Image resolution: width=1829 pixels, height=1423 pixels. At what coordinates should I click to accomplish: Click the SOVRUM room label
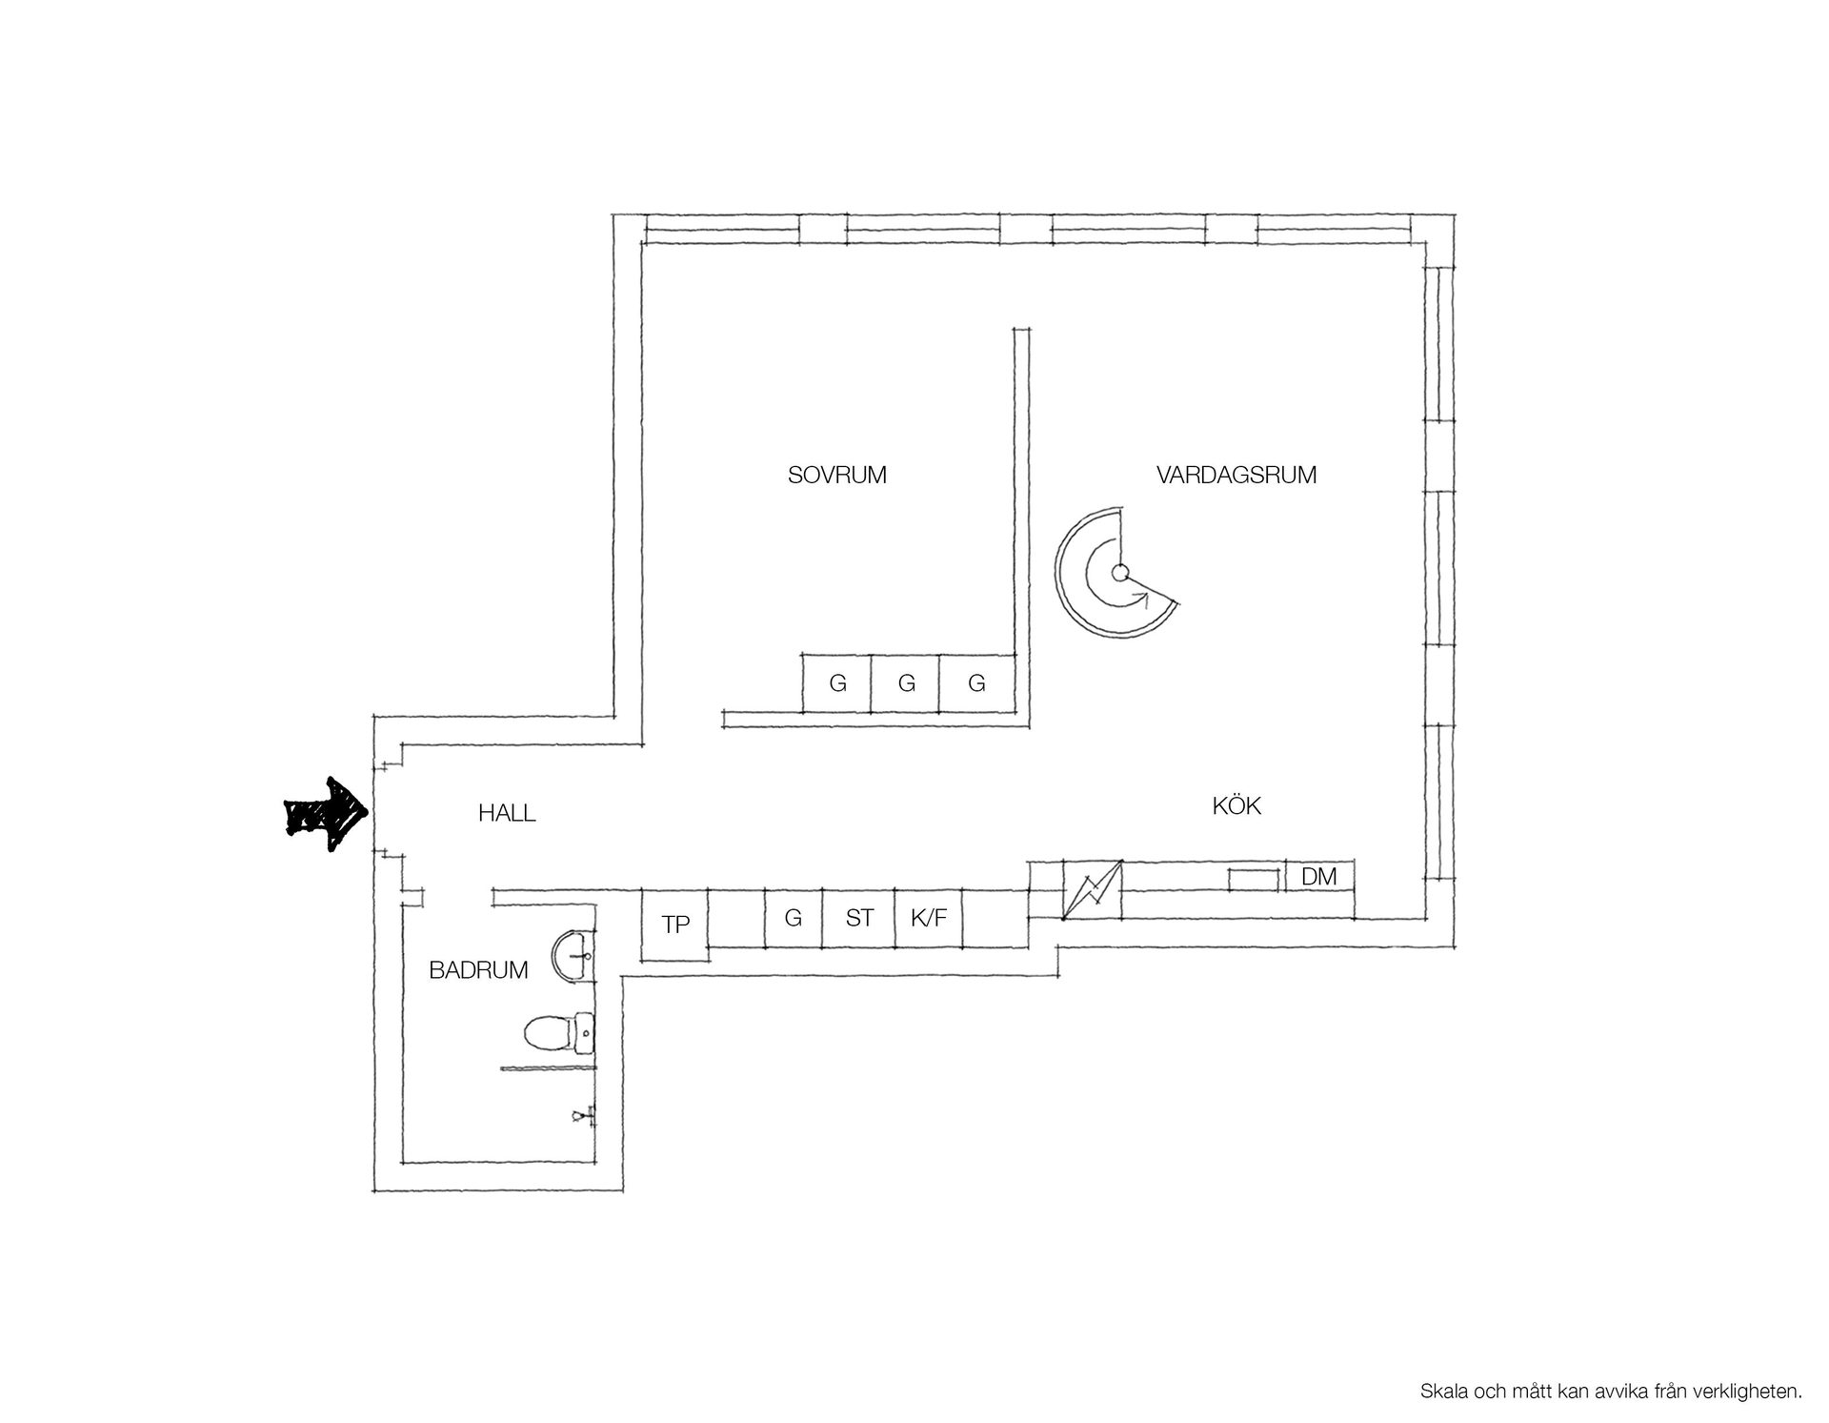pos(836,475)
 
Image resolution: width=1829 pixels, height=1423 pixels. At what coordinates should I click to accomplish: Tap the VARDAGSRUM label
pos(1236,475)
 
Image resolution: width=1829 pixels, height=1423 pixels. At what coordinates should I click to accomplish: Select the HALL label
pos(507,813)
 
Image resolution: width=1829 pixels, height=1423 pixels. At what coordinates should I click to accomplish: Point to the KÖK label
pos(1236,805)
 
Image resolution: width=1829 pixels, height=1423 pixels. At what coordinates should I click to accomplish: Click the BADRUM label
pos(478,970)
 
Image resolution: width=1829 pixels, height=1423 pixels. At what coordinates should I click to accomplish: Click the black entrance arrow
pos(327,814)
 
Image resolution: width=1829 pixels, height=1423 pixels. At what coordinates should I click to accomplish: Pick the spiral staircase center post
pos(1120,573)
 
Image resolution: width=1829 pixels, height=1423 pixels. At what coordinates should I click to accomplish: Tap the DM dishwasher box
pos(1319,876)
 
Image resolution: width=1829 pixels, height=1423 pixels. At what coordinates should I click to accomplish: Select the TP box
pos(675,925)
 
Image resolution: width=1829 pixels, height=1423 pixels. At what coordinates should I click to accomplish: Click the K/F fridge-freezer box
pos(928,918)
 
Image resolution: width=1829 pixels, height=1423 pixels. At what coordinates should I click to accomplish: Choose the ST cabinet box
pos(858,918)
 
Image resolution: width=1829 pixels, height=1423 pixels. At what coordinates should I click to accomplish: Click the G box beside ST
pos(794,918)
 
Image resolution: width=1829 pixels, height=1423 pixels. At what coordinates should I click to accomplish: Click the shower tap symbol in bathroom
pos(584,1113)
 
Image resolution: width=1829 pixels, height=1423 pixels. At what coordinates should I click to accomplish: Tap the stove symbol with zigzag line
pos(1092,889)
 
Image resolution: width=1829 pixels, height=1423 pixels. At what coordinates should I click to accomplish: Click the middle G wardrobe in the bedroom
pos(905,682)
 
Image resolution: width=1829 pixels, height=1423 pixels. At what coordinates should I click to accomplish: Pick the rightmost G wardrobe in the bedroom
pos(976,682)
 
